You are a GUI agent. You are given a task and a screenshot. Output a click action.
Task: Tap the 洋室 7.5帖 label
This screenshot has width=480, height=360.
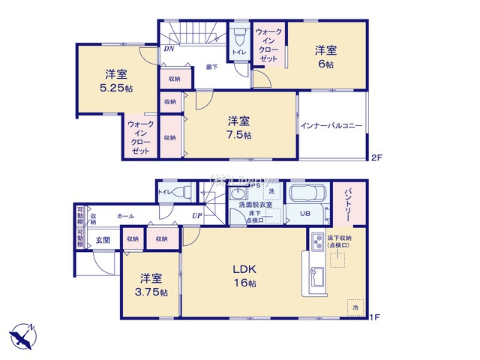pos(239,127)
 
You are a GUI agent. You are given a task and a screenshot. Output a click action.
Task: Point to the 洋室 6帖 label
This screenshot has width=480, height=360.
pos(325,57)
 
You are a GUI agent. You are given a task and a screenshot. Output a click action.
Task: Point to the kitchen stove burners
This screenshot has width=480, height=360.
pos(313,243)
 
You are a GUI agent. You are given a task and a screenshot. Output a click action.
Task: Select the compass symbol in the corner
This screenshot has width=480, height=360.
pos(22,334)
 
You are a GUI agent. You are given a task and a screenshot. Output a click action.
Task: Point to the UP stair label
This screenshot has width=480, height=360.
pos(196,217)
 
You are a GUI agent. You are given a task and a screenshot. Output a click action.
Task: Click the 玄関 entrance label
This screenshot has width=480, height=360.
pos(103,240)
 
